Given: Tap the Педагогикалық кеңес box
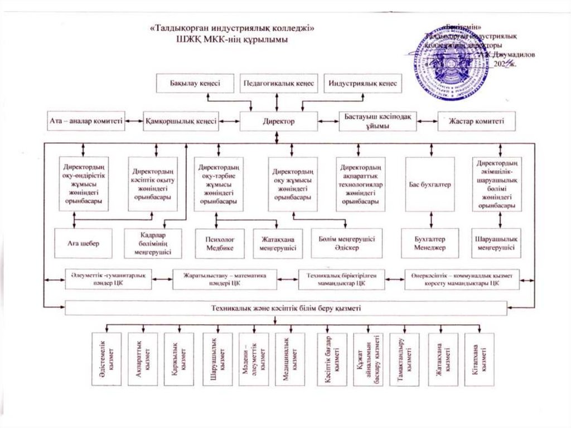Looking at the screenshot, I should click(279, 83).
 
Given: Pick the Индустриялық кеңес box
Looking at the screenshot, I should click(362, 83).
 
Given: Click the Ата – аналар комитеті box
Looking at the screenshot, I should click(86, 121).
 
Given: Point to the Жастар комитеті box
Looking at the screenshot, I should click(477, 121).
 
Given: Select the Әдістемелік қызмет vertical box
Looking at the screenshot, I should click(107, 359).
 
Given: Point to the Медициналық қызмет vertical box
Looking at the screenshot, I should click(290, 359).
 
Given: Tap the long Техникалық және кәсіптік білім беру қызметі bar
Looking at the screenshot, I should click(286, 308).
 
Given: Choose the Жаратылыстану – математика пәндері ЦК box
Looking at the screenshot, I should click(225, 279).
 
